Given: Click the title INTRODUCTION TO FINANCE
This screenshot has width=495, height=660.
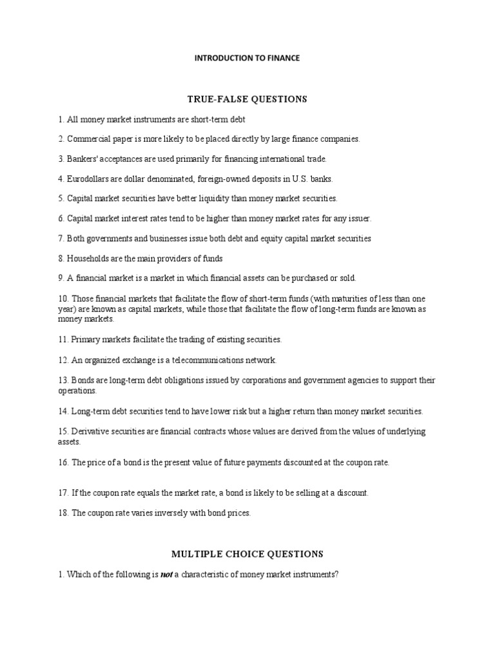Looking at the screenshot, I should pos(247,58).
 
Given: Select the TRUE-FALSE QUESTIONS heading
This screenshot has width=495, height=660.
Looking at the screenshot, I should pos(247,99).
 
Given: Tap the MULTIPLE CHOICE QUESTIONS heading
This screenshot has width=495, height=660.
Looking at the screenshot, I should pos(247,554).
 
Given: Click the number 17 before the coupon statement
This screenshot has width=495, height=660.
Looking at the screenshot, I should pos(63,493).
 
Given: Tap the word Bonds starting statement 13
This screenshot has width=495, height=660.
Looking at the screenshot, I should pos(81,380).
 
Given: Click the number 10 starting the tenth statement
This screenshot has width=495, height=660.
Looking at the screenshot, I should pos(63,299).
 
